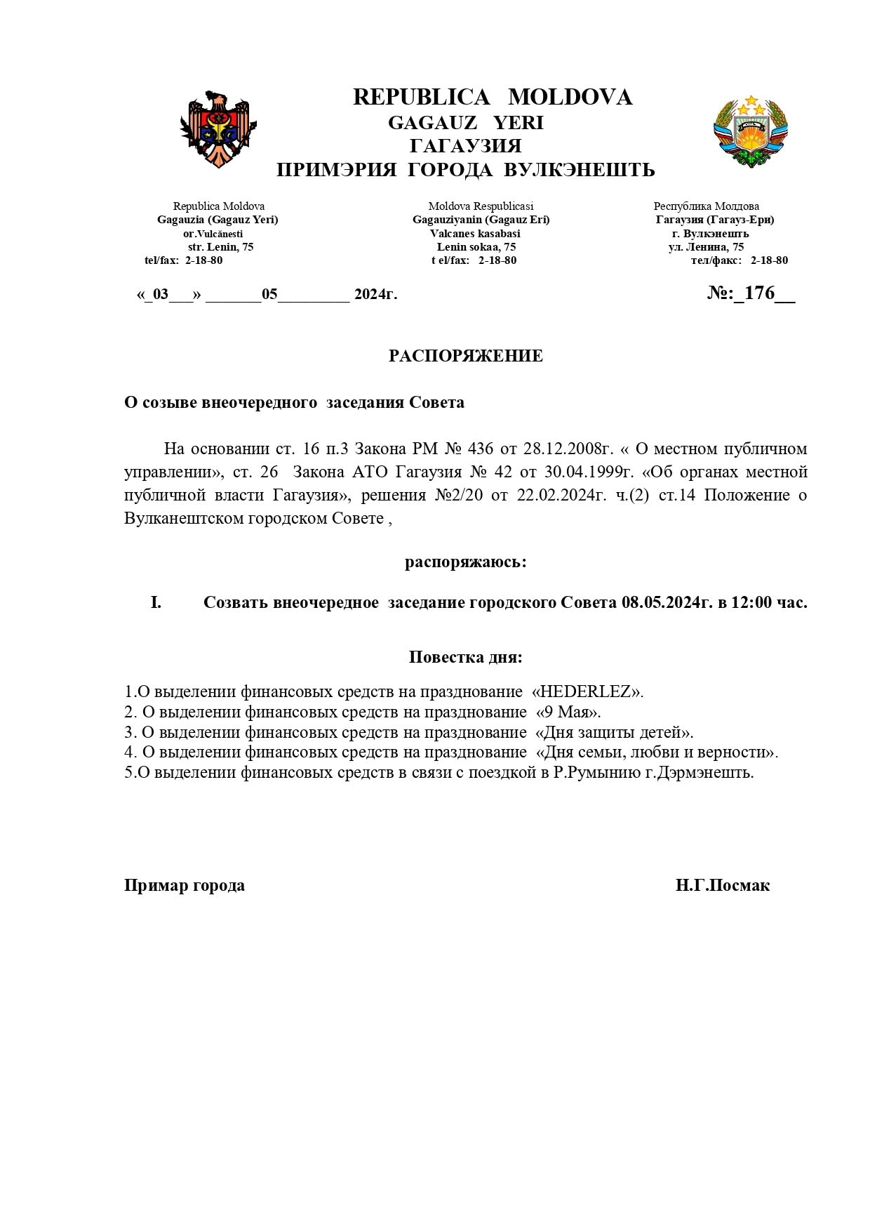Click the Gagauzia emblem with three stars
751,131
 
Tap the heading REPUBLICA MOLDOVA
492,98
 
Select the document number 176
759,293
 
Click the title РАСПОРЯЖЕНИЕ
466,356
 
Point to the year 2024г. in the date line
375,294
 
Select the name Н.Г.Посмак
723,885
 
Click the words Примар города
185,885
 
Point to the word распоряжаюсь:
466,562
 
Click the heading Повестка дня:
466,658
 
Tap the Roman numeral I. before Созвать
156,602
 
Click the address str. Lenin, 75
221,247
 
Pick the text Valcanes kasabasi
475,233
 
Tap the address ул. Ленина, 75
706,247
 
